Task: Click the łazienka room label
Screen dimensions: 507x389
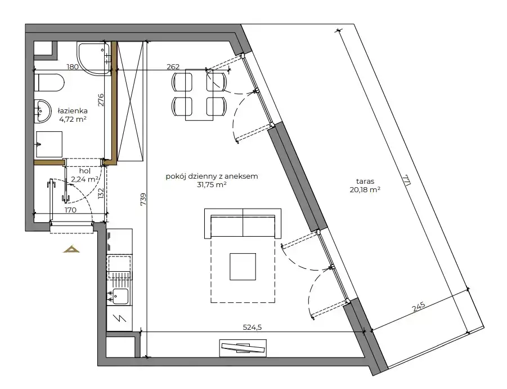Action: (73, 110)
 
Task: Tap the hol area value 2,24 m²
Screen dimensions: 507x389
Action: (85, 179)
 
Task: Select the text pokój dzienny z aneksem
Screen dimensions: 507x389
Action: (212, 176)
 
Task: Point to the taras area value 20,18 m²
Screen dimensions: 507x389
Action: (365, 190)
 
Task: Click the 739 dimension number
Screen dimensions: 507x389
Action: (143, 199)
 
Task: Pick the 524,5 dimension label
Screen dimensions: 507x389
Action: (252, 328)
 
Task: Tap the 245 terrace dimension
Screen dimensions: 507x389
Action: (419, 307)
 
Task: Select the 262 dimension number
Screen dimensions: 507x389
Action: (173, 67)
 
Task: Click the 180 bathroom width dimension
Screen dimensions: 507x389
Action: (73, 67)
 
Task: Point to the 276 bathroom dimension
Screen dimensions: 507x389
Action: (101, 100)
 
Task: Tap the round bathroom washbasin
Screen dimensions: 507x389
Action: (42, 111)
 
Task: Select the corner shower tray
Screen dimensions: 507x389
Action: (93, 59)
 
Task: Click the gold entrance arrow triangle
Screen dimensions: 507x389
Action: (71, 249)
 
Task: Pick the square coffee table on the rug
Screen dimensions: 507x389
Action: (243, 267)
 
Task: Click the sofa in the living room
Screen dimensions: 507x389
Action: (243, 223)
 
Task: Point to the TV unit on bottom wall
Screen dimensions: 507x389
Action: (243, 348)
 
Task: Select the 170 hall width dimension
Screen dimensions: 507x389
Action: (70, 210)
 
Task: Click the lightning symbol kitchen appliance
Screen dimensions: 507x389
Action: (119, 319)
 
